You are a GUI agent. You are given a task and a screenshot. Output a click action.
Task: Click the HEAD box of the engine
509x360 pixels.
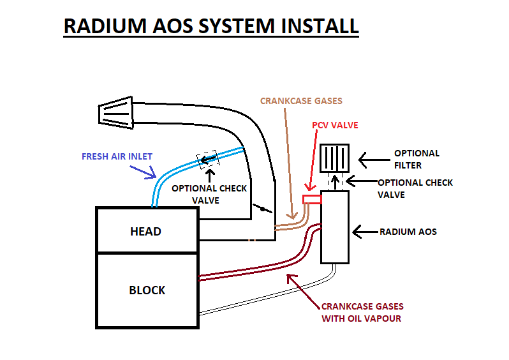tap(145, 230)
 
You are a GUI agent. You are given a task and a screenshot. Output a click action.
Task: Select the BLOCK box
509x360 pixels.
tap(147, 290)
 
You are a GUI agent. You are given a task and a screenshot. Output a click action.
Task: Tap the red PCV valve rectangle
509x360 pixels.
tap(312, 200)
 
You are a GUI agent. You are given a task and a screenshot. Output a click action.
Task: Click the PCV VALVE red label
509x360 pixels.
tap(335, 125)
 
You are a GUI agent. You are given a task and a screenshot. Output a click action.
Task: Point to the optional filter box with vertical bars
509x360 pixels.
tap(334, 158)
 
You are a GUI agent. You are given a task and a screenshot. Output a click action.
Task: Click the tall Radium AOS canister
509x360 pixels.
tap(336, 227)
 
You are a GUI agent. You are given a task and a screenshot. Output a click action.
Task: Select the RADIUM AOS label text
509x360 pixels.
tap(408, 232)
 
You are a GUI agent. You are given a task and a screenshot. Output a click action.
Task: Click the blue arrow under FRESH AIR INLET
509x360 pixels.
tap(142, 170)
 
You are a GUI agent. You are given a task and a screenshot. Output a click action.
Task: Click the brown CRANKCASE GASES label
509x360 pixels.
tap(301, 101)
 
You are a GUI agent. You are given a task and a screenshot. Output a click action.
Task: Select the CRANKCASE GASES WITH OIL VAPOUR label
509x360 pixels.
tap(362, 312)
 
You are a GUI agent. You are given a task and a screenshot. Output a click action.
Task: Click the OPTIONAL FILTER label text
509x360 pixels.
tap(417, 159)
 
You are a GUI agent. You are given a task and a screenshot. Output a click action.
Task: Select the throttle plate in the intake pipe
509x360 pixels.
tap(260, 207)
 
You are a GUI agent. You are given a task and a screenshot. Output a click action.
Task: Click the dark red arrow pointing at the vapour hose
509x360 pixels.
tap(300, 285)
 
